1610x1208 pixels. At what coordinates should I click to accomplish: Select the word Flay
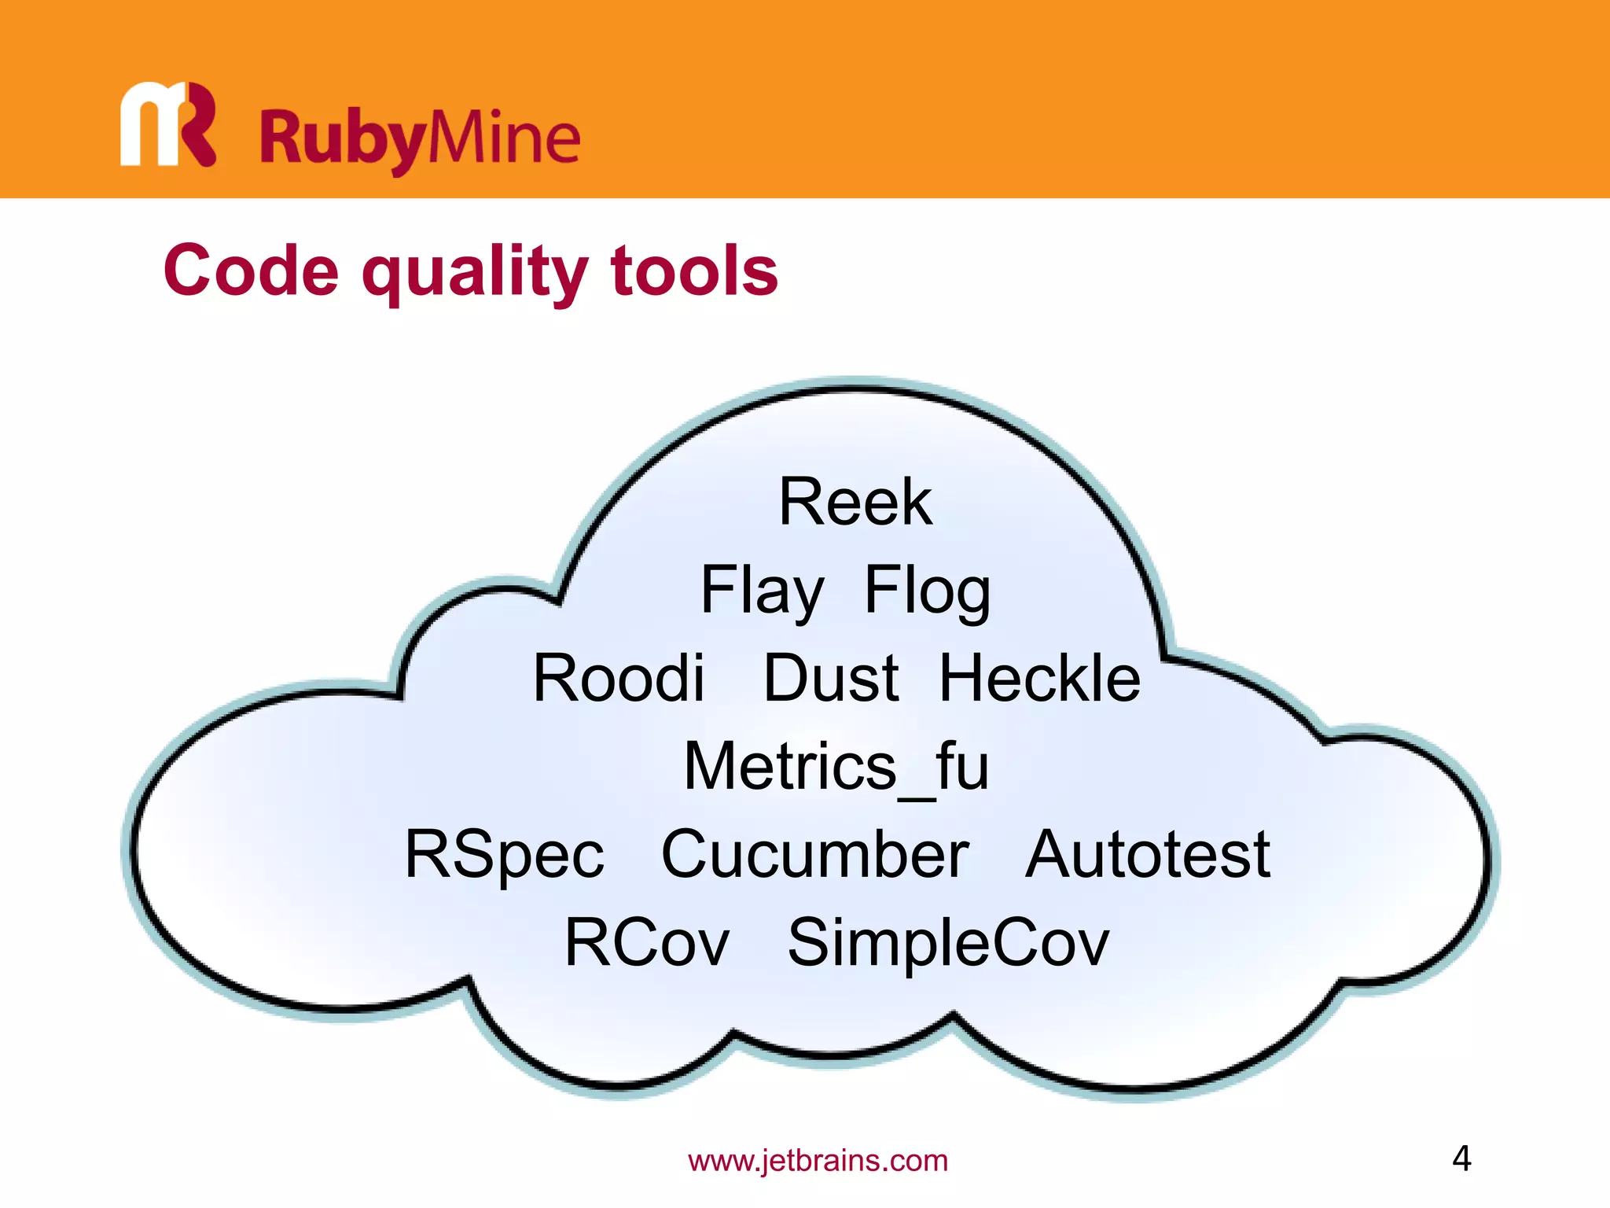click(x=762, y=591)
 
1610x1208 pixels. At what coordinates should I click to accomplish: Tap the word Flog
click(x=927, y=591)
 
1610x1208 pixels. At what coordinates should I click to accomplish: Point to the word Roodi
click(x=619, y=678)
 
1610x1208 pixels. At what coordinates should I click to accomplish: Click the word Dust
click(x=831, y=678)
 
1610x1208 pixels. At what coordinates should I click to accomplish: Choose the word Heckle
click(x=1039, y=678)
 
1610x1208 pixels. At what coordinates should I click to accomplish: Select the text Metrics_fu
click(x=836, y=767)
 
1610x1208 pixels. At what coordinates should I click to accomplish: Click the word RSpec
click(x=504, y=855)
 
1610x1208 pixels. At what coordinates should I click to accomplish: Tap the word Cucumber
click(x=815, y=855)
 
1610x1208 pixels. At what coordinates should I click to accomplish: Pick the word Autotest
click(x=1148, y=855)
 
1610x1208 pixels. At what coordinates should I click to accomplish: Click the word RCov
click(x=647, y=943)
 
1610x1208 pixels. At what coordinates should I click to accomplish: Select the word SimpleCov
click(x=948, y=943)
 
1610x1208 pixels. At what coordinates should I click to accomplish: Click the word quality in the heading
click(x=474, y=271)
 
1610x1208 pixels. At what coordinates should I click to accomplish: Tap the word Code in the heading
click(x=251, y=271)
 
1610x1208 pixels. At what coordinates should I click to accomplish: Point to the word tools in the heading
click(x=694, y=271)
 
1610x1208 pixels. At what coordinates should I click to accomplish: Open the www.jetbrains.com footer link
click(x=818, y=1161)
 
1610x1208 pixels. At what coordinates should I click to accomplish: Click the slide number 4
click(x=1461, y=1158)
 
